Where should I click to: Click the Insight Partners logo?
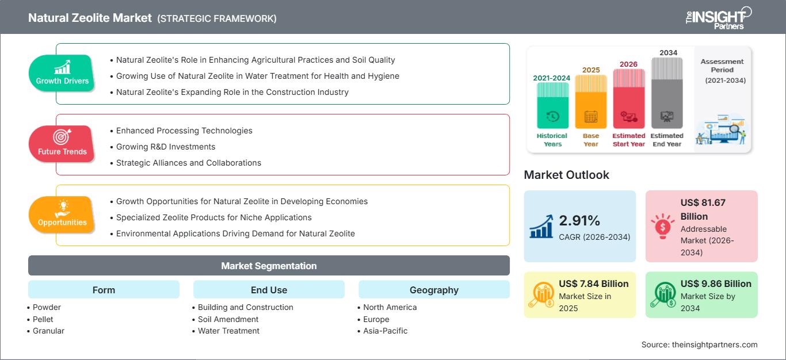click(x=719, y=18)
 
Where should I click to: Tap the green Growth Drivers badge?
click(x=62, y=73)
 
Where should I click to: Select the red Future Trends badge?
click(x=62, y=144)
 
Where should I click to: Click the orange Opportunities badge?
click(x=62, y=215)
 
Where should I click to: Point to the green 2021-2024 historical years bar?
click(x=552, y=105)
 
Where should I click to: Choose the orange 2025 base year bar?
click(x=591, y=102)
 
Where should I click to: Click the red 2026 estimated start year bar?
click(x=629, y=99)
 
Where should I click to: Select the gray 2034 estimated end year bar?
click(x=667, y=93)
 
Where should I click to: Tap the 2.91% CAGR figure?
click(x=579, y=220)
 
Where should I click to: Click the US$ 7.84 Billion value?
click(x=594, y=284)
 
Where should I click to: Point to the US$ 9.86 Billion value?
click(x=716, y=284)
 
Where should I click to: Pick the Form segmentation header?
click(x=104, y=289)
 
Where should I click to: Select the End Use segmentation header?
click(x=269, y=289)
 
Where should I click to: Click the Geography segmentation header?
click(x=434, y=289)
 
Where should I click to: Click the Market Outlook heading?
click(x=566, y=175)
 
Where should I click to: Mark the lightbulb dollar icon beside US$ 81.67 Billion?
click(x=662, y=226)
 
